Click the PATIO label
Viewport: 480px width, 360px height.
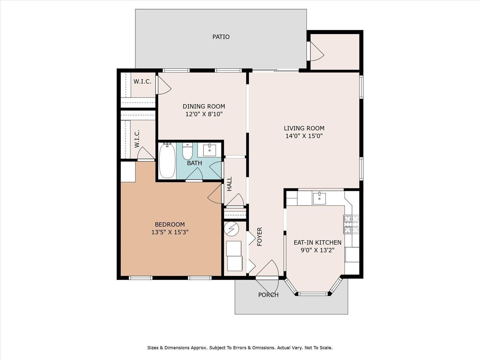(x=221, y=37)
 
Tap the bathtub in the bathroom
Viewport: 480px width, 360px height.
(x=167, y=161)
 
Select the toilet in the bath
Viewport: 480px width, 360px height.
(x=187, y=152)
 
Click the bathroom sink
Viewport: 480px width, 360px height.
(x=209, y=149)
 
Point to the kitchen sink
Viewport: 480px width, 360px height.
(x=319, y=198)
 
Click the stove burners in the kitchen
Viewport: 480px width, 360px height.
(x=351, y=224)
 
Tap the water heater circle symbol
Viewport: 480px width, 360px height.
(x=231, y=228)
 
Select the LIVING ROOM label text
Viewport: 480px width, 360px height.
(x=304, y=128)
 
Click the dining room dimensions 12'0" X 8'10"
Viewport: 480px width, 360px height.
(x=204, y=114)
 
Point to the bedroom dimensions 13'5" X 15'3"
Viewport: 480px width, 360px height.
(x=170, y=232)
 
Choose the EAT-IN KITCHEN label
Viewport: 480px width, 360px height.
(x=317, y=243)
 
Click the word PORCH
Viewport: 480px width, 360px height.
(x=268, y=295)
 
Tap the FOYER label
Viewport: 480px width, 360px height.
(x=260, y=236)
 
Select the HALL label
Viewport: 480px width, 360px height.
(x=229, y=184)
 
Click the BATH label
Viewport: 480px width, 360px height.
(x=195, y=163)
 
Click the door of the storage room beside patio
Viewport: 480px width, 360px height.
(x=316, y=51)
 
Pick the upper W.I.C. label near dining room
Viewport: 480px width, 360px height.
(x=142, y=82)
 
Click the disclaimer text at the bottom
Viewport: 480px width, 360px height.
(x=240, y=348)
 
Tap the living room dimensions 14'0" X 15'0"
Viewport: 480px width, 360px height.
(x=304, y=136)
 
